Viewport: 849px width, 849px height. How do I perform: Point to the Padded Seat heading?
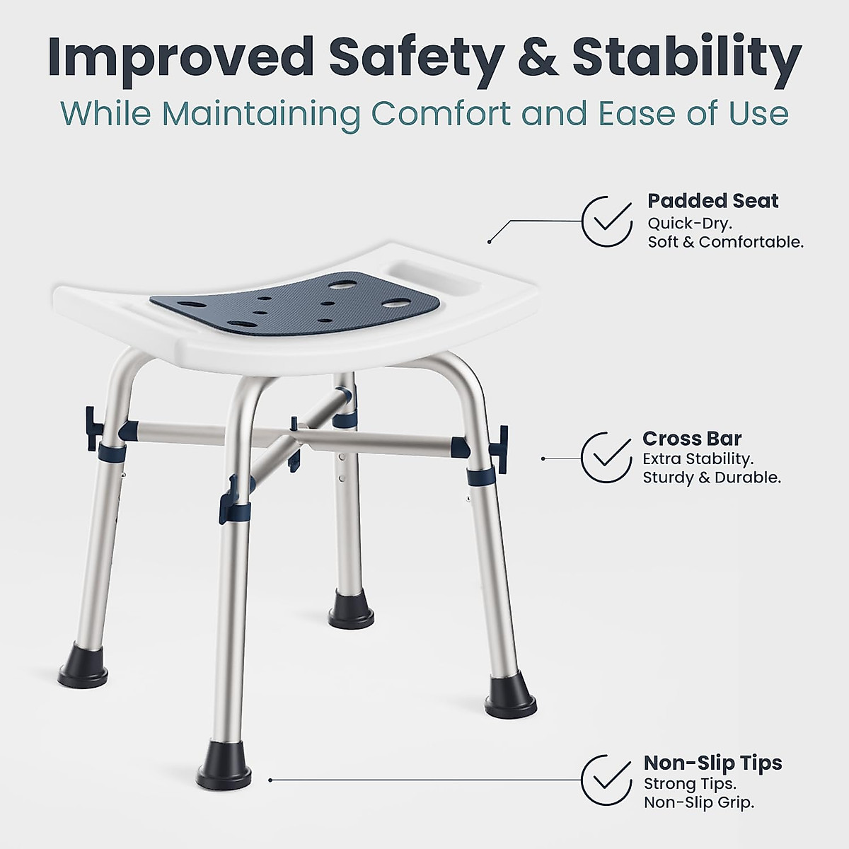[712, 201]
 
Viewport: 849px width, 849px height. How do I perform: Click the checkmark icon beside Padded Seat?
[607, 221]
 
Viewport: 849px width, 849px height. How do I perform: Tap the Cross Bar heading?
[691, 439]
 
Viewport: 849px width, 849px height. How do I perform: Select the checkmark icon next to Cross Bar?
[607, 457]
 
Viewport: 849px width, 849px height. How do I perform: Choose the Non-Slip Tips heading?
[712, 763]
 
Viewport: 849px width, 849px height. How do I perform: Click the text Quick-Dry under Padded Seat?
[690, 223]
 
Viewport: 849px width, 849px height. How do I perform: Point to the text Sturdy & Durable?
[711, 478]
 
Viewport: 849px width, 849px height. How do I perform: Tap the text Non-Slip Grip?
[698, 803]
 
